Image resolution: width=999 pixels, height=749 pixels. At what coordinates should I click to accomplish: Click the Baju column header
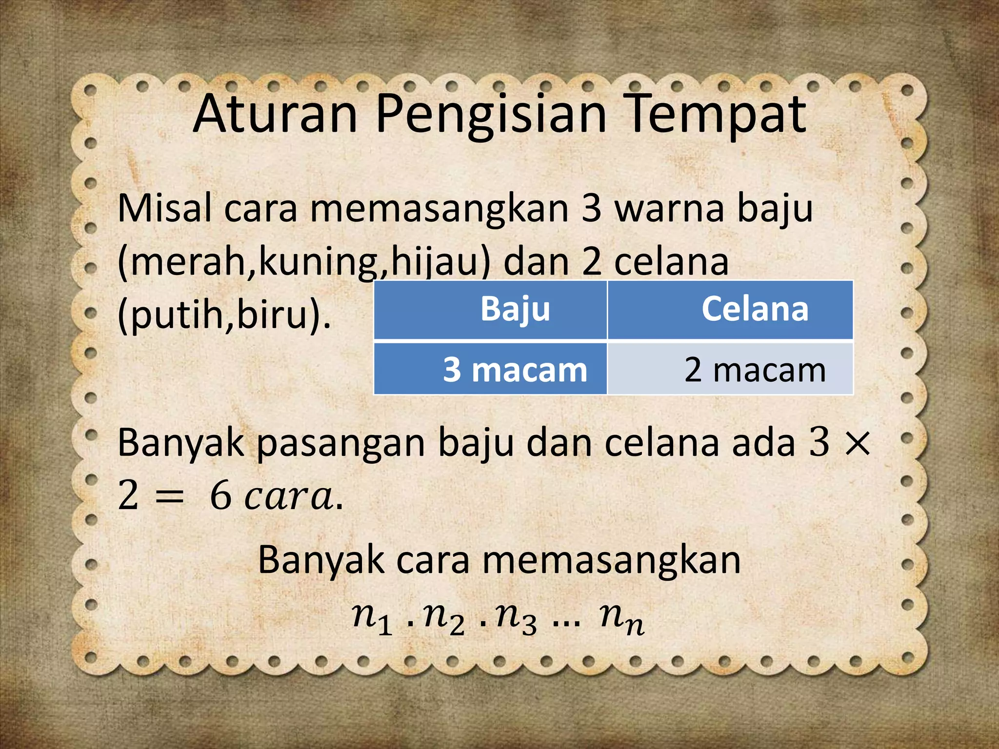click(515, 309)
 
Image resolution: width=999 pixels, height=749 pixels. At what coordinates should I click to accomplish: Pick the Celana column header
click(755, 309)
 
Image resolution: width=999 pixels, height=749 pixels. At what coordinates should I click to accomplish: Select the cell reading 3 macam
click(515, 370)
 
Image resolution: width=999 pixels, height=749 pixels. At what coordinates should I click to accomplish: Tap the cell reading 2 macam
click(755, 370)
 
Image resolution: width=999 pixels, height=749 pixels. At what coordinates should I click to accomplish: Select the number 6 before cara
click(220, 496)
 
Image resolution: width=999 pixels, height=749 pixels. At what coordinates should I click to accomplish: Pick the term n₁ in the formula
click(372, 618)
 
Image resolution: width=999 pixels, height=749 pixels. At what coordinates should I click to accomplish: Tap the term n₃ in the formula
click(517, 618)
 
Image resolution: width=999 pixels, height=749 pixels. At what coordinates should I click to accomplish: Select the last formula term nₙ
click(622, 618)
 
